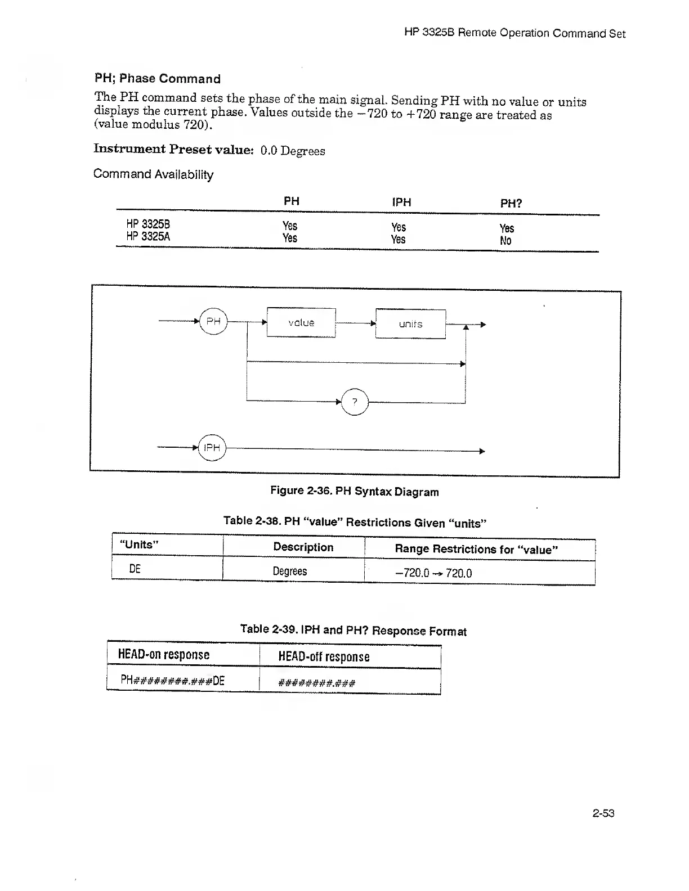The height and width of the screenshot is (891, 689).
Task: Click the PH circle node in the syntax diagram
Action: pos(213,321)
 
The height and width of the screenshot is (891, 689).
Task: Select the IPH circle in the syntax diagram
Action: pos(212,448)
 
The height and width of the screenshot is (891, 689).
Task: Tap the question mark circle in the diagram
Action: pos(355,402)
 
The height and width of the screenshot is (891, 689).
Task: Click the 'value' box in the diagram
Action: pos(301,323)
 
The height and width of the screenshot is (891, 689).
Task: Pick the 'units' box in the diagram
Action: pos(410,324)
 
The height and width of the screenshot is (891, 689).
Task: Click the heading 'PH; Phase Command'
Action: pos(157,79)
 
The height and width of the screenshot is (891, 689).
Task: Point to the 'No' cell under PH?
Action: pos(505,241)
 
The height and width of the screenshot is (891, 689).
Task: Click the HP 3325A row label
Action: pos(148,237)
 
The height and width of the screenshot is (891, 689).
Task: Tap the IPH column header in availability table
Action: pos(401,202)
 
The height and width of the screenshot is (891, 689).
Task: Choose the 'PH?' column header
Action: pos(511,203)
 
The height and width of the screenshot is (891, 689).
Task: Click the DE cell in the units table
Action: pos(135,569)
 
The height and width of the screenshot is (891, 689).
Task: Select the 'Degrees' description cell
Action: pos(290,571)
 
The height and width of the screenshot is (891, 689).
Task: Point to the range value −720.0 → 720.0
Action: pos(433,573)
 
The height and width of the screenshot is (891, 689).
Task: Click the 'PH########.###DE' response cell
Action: pos(172,681)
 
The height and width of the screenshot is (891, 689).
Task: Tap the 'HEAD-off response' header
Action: pos(324,656)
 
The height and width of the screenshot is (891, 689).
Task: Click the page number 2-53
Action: pos(603,813)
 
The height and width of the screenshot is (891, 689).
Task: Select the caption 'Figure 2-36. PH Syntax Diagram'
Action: pos(354,491)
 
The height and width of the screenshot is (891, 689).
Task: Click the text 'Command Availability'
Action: pos(153,174)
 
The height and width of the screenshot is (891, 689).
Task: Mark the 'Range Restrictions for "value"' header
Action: pos(476,549)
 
